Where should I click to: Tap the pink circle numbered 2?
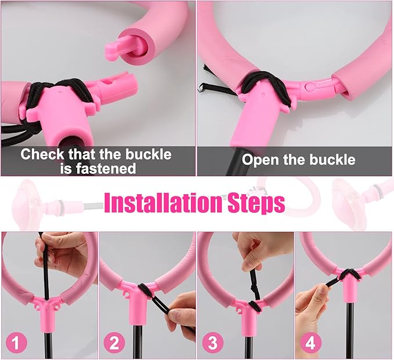[x=114, y=343]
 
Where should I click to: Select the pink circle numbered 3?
[x=212, y=343]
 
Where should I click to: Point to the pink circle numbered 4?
[x=310, y=343]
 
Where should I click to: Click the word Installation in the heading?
[x=163, y=203]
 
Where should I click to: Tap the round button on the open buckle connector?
[x=310, y=86]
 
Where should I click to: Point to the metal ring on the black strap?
[x=202, y=89]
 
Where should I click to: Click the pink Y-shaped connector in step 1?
[x=46, y=307]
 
